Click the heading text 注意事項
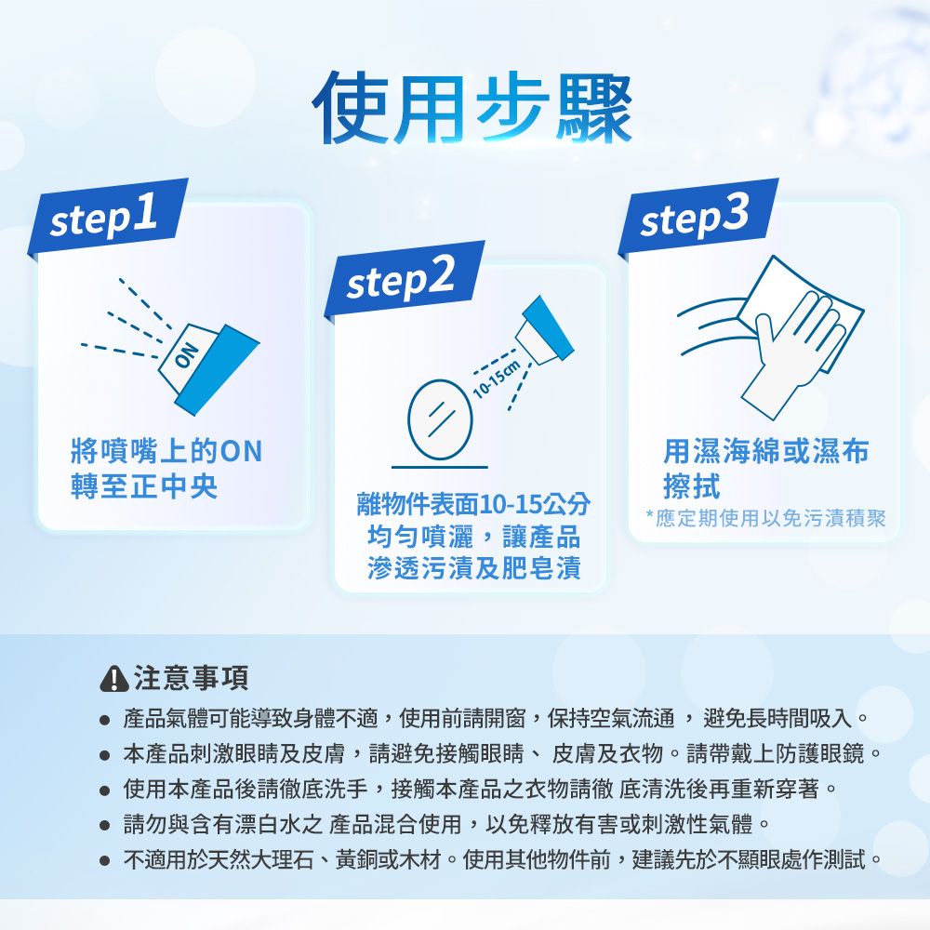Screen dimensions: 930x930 191,680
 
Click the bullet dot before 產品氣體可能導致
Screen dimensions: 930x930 106,721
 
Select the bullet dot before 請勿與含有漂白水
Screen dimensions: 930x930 106,825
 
